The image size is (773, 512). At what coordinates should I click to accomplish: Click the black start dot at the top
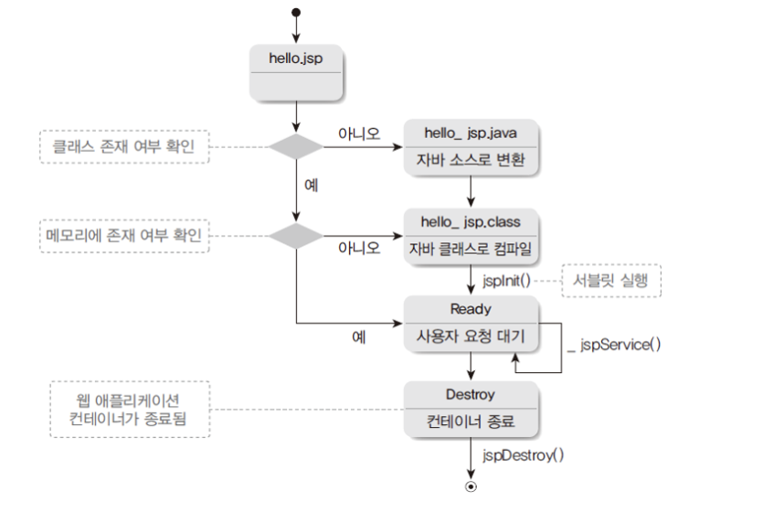[296, 12]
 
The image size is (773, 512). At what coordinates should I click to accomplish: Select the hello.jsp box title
[296, 58]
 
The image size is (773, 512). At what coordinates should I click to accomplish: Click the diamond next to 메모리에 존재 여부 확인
[296, 235]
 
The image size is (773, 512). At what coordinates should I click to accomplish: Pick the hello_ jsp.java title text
[471, 133]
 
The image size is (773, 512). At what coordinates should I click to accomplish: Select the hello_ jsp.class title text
[471, 222]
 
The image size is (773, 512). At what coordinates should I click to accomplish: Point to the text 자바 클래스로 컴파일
[471, 249]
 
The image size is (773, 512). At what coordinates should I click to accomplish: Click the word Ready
[471, 309]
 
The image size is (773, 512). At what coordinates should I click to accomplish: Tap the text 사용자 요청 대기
[471, 336]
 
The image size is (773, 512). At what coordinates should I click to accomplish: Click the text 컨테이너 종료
[471, 424]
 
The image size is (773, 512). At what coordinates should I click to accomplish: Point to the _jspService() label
[614, 345]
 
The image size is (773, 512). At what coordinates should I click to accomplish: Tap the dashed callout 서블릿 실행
[609, 280]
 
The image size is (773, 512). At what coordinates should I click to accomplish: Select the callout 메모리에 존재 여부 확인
[125, 235]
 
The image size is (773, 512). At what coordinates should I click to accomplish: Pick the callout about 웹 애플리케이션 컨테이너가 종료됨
[129, 409]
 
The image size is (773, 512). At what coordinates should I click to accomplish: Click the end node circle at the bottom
[471, 486]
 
